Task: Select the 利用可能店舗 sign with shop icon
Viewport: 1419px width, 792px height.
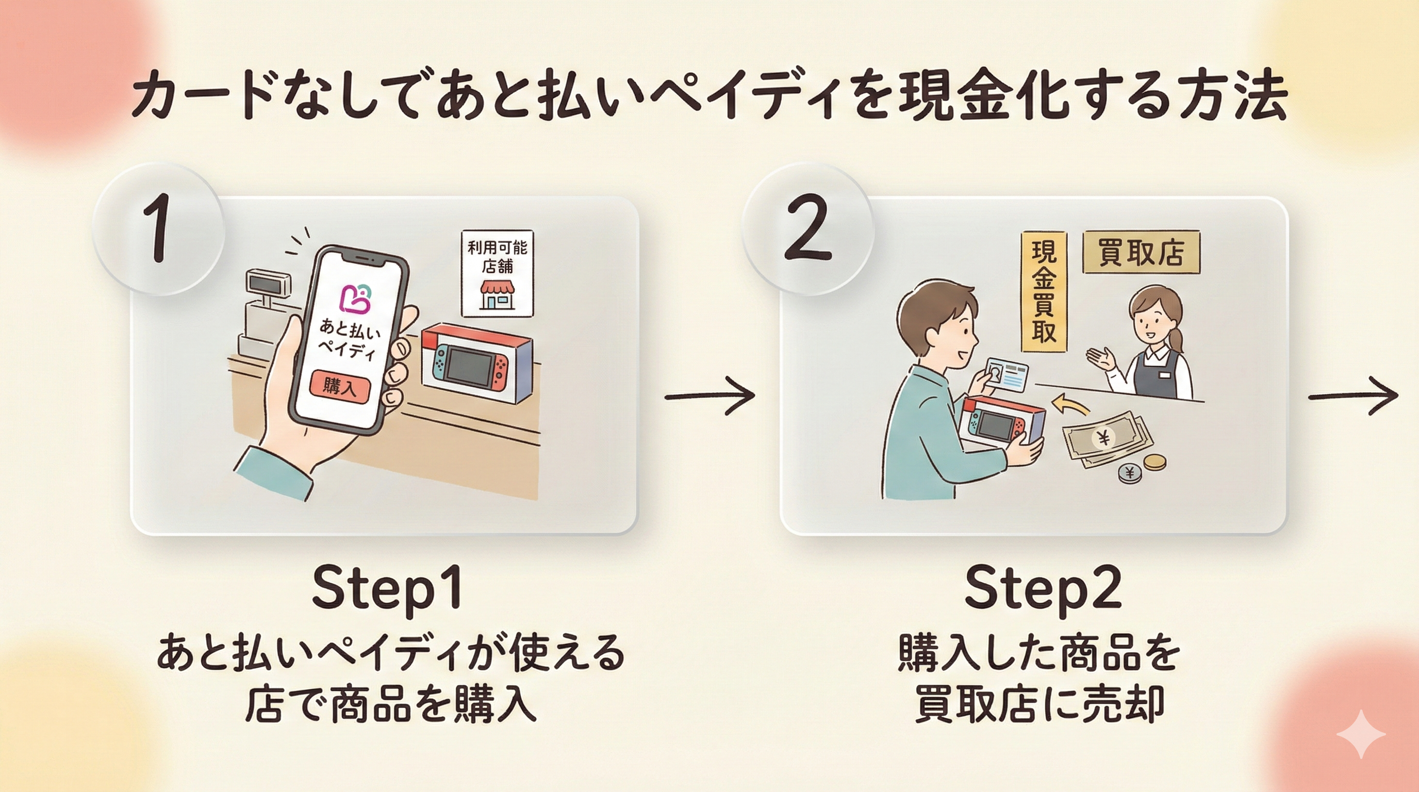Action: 497,274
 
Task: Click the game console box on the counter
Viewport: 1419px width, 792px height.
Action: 476,364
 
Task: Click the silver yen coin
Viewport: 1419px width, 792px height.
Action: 1130,472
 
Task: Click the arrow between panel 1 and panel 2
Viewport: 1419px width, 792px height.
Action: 709,396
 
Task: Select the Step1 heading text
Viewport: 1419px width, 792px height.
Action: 387,589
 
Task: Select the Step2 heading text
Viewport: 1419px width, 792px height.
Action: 1042,589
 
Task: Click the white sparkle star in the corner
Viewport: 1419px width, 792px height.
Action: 1360,734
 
